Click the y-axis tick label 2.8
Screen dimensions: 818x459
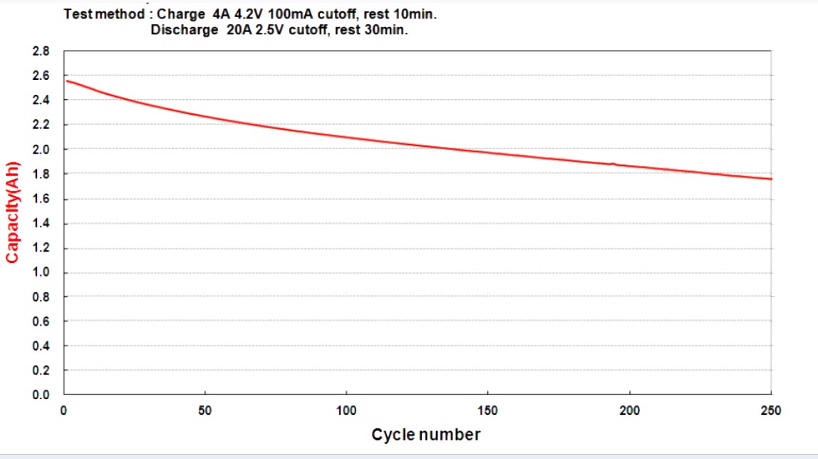(41, 51)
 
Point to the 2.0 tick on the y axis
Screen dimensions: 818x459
(41, 150)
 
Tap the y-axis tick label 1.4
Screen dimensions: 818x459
(41, 223)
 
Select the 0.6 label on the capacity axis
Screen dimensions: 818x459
(41, 321)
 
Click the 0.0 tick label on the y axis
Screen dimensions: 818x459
(41, 395)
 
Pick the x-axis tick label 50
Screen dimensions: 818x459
(205, 411)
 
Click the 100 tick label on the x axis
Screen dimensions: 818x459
(346, 411)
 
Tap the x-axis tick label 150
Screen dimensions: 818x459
(488, 411)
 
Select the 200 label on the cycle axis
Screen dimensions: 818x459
(630, 411)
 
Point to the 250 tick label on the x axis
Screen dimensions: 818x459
(771, 411)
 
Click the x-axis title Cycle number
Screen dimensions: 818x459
(425, 435)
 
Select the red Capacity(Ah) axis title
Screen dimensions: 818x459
(12, 212)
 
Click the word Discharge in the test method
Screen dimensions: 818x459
(184, 30)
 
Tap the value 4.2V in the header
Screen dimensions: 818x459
(248, 14)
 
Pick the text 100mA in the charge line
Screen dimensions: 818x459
(290, 14)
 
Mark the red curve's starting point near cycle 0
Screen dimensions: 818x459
(67, 81)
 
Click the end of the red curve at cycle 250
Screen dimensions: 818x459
(771, 179)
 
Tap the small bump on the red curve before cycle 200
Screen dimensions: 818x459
(613, 164)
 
